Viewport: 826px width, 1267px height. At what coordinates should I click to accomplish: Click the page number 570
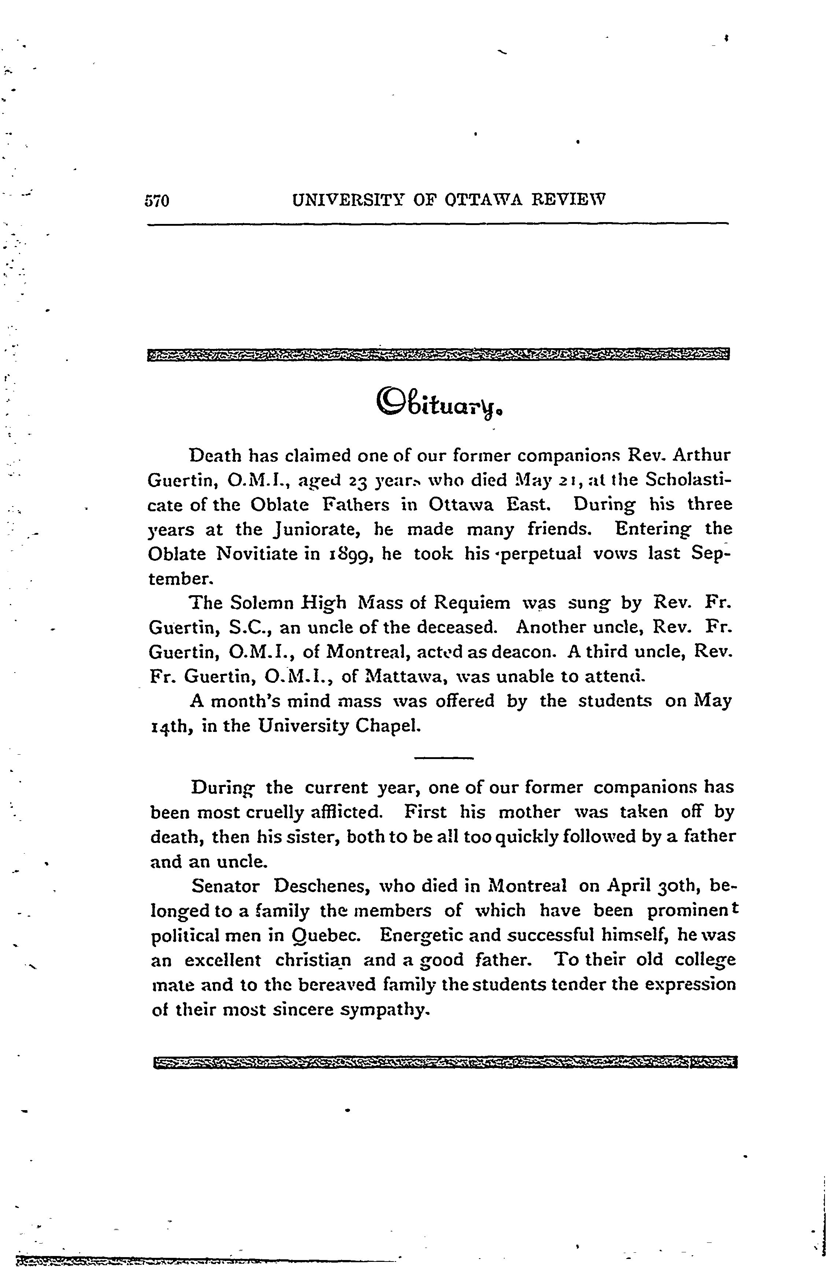coord(156,201)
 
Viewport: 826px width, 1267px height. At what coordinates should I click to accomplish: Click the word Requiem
coord(472,603)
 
